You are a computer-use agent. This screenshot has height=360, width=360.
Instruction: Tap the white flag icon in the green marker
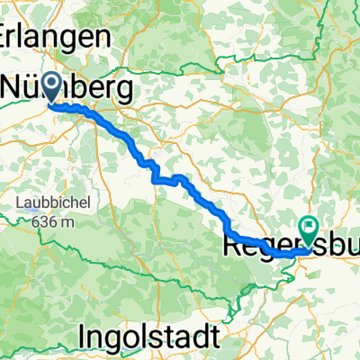point(310,229)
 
